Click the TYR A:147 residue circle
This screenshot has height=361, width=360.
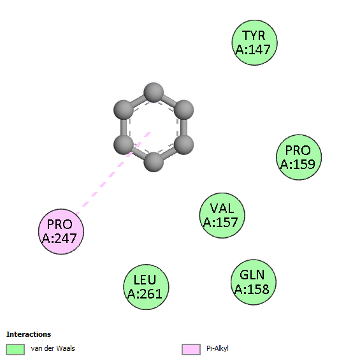(x=254, y=43)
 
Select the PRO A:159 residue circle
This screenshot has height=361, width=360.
(x=299, y=158)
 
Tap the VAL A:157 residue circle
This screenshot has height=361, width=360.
(x=222, y=216)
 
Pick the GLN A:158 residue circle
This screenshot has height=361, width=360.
(x=254, y=283)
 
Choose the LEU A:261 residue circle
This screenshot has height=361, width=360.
(x=146, y=287)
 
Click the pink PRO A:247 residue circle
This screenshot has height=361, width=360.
(x=61, y=232)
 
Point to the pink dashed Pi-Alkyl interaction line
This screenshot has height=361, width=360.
(x=113, y=173)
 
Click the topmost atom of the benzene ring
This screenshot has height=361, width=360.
(x=154, y=92)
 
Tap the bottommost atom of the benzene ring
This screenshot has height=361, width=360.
(x=154, y=162)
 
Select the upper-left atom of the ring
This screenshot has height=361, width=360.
(x=124, y=110)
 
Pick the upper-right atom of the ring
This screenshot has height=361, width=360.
(x=184, y=110)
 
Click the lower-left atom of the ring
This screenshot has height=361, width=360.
(x=124, y=145)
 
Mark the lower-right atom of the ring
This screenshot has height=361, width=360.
(x=184, y=145)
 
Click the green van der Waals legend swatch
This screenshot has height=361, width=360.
(x=15, y=350)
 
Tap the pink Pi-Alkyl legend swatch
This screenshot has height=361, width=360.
(x=191, y=350)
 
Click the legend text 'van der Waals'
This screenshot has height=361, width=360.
(x=53, y=348)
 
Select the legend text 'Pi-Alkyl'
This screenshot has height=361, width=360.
(x=217, y=349)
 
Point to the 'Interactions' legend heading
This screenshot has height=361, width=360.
(x=29, y=334)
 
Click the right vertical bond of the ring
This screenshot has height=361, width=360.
(x=184, y=128)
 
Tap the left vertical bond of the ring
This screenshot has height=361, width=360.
(x=124, y=128)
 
